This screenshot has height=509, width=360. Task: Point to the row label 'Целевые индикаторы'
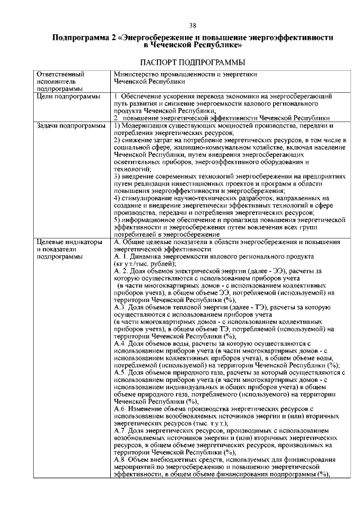69,242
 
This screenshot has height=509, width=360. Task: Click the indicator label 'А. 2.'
120,271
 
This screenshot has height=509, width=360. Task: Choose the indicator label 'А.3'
119,308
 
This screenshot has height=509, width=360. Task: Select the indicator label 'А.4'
119,344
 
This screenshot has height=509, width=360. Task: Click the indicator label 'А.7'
119,432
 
